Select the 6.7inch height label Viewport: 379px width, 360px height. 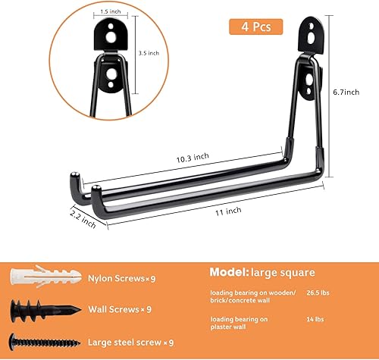click(x=352, y=91)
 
